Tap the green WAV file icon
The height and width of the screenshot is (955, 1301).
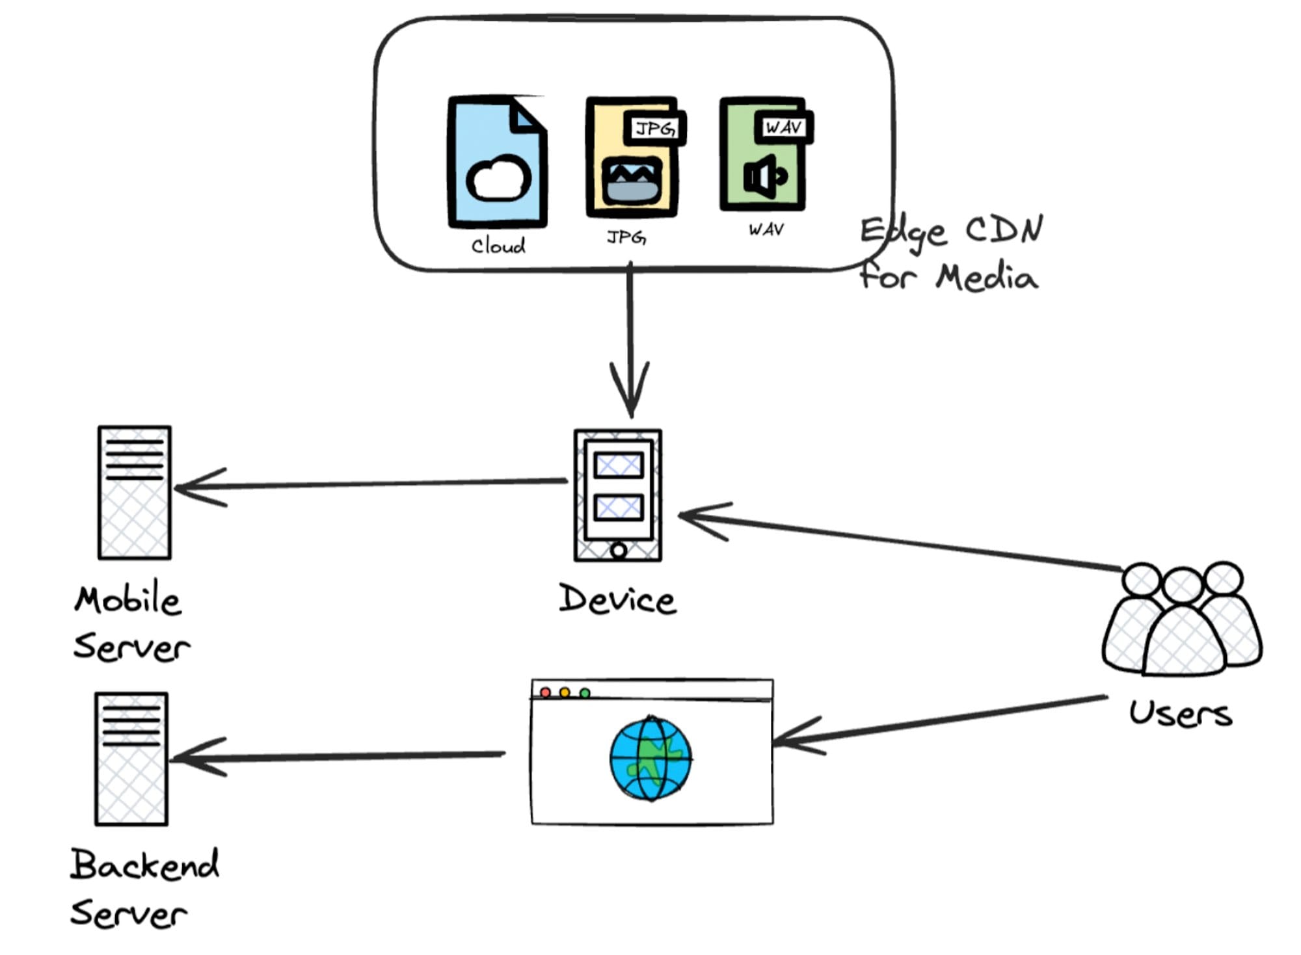coord(762,156)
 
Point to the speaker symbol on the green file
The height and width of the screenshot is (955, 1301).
coord(764,176)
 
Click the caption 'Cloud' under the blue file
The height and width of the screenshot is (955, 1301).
coord(498,246)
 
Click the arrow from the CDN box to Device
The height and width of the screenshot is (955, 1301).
coord(630,338)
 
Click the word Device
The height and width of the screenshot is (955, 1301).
coord(617,599)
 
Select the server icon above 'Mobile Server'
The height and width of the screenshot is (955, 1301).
coord(134,493)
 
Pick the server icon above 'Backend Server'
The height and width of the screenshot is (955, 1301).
coord(131,759)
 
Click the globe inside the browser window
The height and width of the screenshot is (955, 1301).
coord(650,758)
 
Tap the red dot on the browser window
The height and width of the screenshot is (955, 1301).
coord(546,692)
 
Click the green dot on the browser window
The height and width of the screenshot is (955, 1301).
coord(585,693)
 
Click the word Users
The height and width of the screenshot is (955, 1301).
coord(1180,713)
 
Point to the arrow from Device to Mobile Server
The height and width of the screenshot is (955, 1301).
coord(371,484)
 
